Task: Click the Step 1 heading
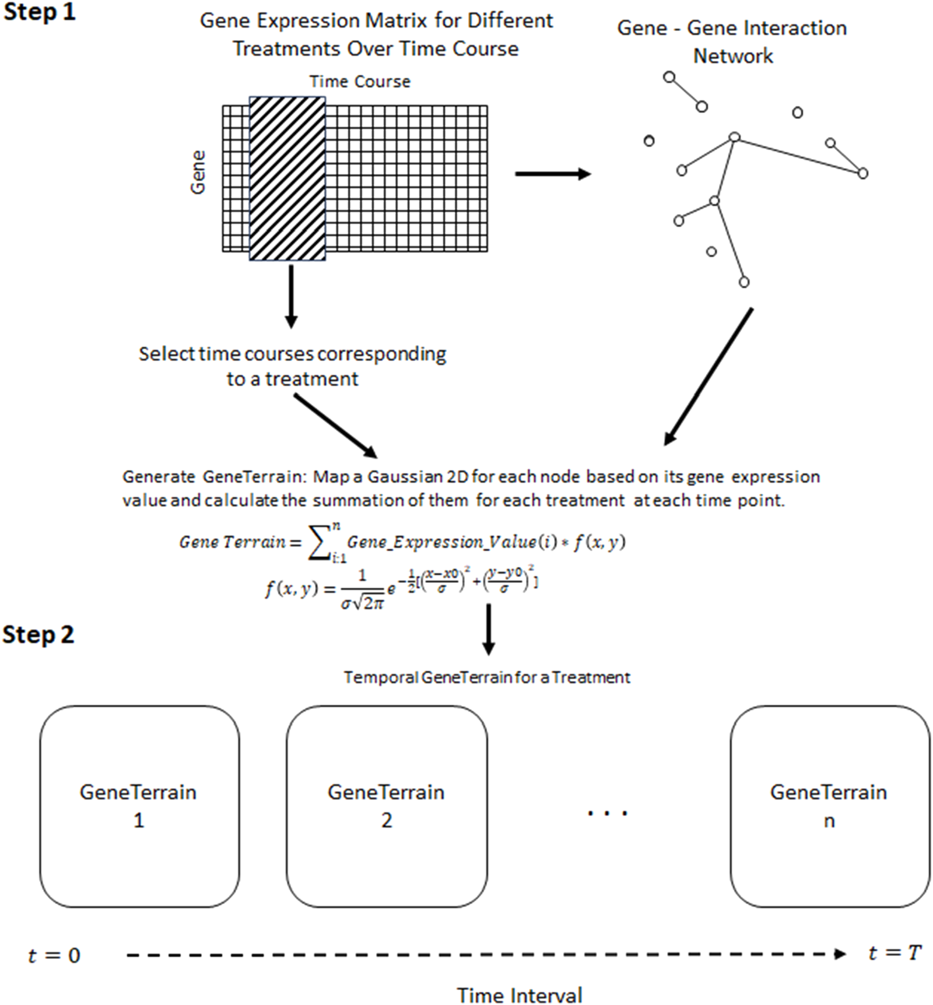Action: point(40,12)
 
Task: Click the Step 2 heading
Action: point(38,634)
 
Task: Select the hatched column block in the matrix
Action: point(287,178)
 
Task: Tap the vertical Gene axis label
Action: point(198,173)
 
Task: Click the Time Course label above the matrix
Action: point(360,82)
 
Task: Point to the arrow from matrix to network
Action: point(552,174)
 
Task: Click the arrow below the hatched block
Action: point(291,297)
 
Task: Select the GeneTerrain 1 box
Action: point(139,806)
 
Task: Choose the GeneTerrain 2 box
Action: point(387,806)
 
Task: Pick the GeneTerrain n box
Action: point(829,806)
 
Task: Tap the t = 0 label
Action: point(54,955)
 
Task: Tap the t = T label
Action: point(894,953)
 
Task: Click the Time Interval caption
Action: point(519,995)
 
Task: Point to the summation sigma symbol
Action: point(318,544)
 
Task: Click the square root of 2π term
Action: point(370,603)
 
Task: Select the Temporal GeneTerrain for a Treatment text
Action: point(487,677)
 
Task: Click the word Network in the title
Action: point(733,57)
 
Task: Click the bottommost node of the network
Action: point(743,282)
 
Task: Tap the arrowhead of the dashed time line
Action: point(840,954)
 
